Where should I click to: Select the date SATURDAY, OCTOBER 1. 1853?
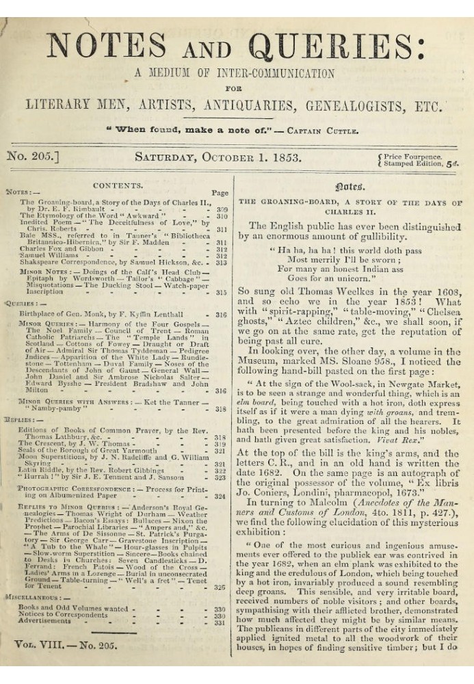218,158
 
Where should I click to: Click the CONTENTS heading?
118,185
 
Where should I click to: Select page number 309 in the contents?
222,211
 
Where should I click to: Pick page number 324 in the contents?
220,496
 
